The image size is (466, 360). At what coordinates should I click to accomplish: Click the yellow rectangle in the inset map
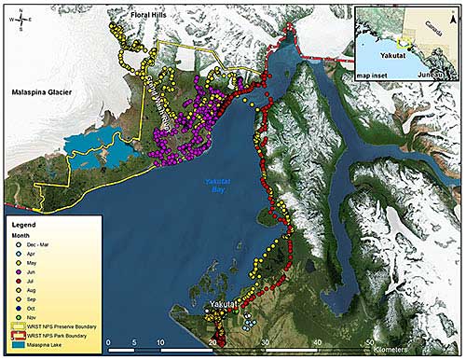tap(404, 42)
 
